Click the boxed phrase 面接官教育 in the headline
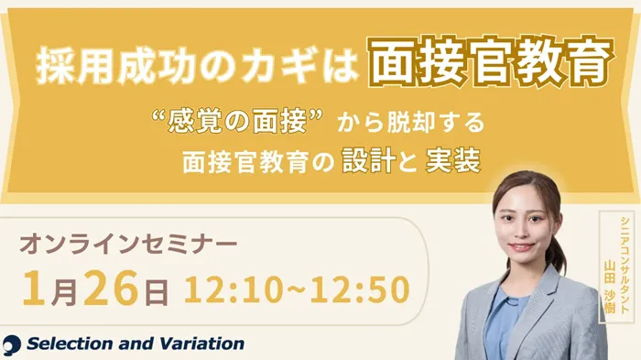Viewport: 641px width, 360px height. pyautogui.click(x=491, y=65)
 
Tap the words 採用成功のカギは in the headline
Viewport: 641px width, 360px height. pyautogui.click(x=199, y=66)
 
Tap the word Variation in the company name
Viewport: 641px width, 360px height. pyautogui.click(x=201, y=344)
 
